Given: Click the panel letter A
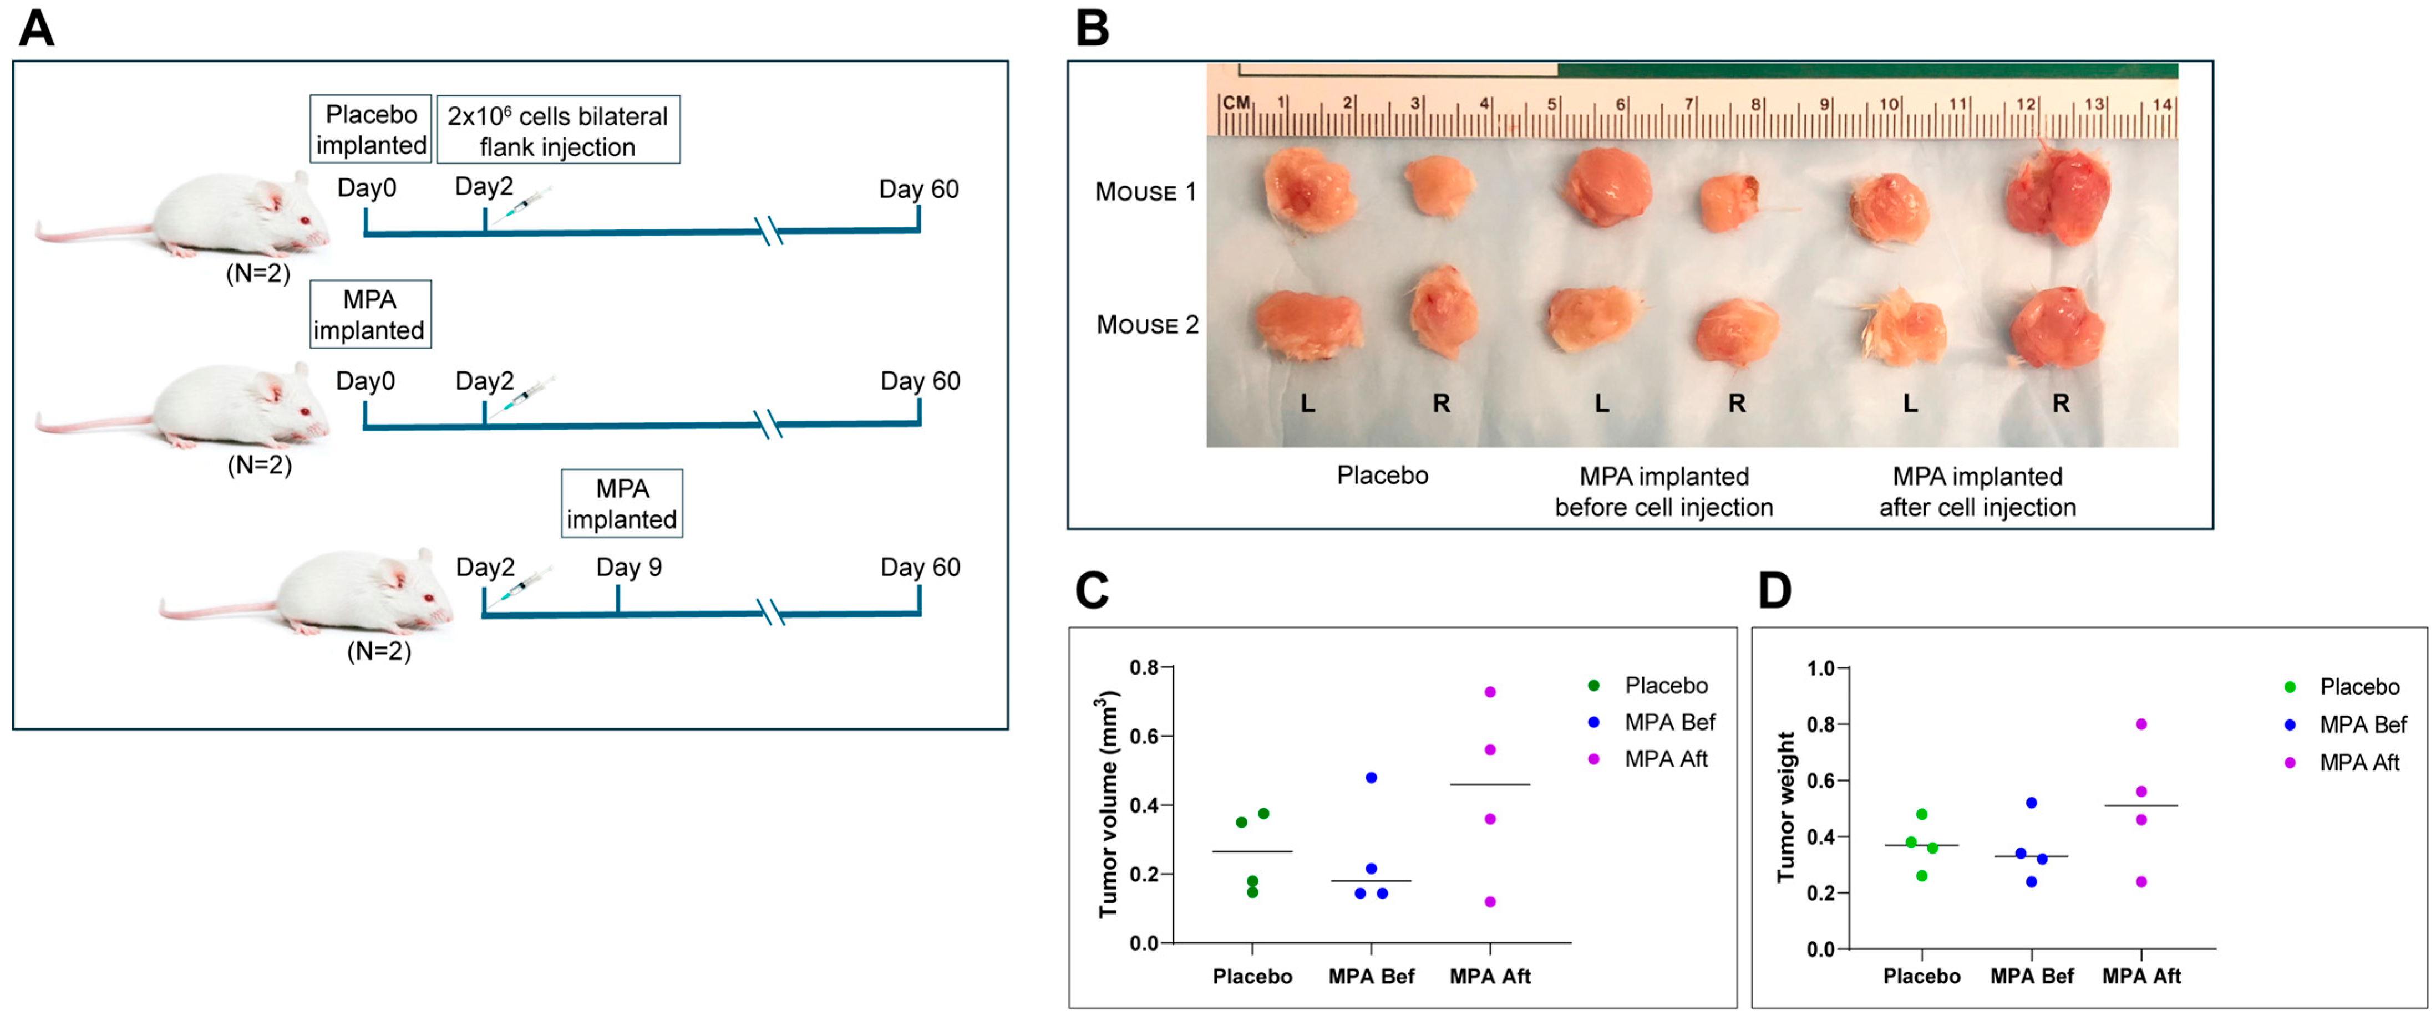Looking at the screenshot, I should tap(36, 28).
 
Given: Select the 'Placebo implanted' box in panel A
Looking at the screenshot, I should tap(371, 130).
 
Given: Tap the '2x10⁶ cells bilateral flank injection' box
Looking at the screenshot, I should tap(558, 130).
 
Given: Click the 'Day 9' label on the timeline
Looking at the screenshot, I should tap(629, 567).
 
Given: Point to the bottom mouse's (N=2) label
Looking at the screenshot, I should tap(379, 651).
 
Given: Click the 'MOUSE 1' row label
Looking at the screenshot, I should tap(1145, 192).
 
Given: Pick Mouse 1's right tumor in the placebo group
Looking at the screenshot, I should tap(1438, 186).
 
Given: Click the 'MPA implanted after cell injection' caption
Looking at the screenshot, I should tap(1977, 492).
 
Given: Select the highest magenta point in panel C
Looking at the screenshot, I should tap(1490, 692).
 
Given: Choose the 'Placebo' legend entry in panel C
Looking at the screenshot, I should tap(1665, 686).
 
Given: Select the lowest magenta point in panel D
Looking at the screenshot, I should tap(2142, 882).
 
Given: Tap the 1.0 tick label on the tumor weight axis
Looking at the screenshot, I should tap(1820, 668).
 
